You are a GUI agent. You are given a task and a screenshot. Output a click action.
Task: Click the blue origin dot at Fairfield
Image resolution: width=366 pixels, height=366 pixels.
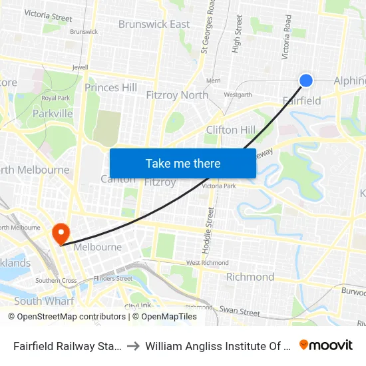click(306, 81)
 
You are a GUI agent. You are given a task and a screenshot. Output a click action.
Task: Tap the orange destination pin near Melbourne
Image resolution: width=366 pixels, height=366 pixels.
click(61, 233)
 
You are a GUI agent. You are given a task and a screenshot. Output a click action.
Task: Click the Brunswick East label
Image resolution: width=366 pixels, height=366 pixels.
click(154, 25)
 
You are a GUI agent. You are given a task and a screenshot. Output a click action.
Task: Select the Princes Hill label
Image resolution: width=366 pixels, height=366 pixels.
click(110, 88)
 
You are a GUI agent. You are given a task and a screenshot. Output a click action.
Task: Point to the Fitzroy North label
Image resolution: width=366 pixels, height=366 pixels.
click(177, 95)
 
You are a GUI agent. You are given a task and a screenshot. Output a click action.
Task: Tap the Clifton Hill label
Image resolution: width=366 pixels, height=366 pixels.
click(230, 130)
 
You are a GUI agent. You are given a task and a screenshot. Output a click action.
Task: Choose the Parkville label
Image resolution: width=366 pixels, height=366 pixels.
click(53, 114)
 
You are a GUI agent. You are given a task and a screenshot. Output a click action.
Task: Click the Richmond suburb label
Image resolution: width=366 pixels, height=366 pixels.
click(250, 277)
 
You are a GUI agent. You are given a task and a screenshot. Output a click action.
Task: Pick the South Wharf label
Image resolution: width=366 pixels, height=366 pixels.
click(44, 301)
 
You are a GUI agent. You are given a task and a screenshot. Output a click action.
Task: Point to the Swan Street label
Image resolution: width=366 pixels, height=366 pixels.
click(240, 311)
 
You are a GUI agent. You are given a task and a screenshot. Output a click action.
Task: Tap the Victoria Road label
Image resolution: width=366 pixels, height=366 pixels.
click(287, 37)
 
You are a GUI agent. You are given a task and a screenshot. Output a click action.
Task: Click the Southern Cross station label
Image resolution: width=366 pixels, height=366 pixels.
click(56, 281)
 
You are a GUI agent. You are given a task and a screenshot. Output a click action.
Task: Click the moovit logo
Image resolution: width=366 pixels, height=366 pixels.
click(326, 345)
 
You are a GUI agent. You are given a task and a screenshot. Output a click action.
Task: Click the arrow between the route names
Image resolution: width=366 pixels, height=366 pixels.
click(134, 345)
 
